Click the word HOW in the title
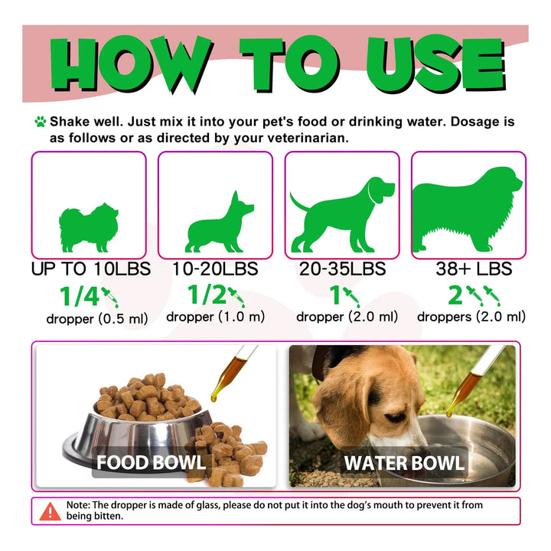(x=132, y=64)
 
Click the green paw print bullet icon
(x=41, y=122)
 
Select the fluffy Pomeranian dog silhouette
(x=89, y=227)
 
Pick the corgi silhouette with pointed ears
(x=220, y=222)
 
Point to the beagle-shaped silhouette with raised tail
(x=342, y=214)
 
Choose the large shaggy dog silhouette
(x=468, y=210)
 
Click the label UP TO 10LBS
(x=91, y=269)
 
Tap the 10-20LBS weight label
(x=215, y=269)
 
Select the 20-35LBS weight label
(x=342, y=269)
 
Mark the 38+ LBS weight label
(x=474, y=269)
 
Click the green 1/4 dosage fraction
(x=80, y=296)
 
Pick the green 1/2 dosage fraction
(x=207, y=294)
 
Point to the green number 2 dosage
(x=455, y=295)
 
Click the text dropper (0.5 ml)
(x=97, y=318)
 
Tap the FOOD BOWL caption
(x=151, y=462)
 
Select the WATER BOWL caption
(x=404, y=463)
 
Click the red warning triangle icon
(x=51, y=512)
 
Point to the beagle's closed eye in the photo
(x=396, y=418)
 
